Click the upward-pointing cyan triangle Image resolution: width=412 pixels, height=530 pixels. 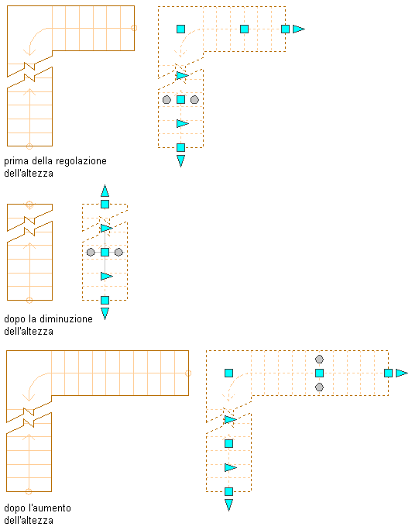tap(105, 191)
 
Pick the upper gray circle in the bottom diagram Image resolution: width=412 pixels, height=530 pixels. tap(319, 359)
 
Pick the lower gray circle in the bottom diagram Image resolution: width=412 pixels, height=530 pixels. tap(319, 387)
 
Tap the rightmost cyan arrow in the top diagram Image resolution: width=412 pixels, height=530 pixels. tap(298, 29)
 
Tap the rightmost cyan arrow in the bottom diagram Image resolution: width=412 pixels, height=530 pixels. tap(401, 373)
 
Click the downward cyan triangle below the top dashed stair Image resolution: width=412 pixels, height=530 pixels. tap(180, 161)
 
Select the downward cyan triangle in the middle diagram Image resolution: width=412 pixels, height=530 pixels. tap(105, 313)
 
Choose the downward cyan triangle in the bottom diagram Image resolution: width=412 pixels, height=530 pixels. tap(228, 505)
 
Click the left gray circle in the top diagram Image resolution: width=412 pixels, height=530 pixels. tap(167, 100)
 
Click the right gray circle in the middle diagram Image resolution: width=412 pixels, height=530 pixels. tap(118, 252)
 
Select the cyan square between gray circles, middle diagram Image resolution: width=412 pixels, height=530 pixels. tap(105, 252)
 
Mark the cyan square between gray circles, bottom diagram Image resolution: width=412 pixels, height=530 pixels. tap(319, 373)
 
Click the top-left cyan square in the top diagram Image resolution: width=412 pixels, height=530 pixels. tap(180, 29)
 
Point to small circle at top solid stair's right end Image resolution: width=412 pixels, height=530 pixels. tap(134, 28)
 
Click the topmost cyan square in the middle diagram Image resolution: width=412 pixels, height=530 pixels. tap(105, 204)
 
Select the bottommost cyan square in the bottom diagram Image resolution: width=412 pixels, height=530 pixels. tap(228, 491)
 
